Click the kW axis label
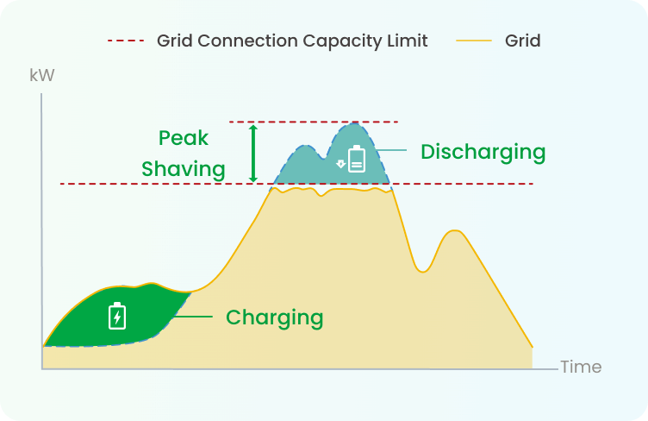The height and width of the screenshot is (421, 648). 41,75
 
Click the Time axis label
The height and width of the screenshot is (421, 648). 581,367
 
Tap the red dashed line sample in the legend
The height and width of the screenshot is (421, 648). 126,41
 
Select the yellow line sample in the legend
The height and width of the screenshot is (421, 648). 474,41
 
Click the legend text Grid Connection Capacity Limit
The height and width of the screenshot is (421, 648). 292,41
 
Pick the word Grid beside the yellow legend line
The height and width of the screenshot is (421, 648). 522,41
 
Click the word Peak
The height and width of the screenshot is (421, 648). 183,138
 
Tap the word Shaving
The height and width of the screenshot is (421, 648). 183,170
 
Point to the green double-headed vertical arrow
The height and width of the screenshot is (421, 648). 253,154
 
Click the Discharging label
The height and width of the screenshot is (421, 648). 483,152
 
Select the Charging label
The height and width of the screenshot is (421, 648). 274,318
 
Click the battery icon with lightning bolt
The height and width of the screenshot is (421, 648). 117,316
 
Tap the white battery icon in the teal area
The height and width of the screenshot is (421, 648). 357,159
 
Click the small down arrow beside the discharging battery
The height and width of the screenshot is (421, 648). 340,164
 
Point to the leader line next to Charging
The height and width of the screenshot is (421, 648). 193,317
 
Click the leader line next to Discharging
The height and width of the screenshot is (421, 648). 391,150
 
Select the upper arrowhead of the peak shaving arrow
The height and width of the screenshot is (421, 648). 253,129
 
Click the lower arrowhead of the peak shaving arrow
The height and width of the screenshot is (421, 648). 253,179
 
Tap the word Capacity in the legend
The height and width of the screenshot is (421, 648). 341,41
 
